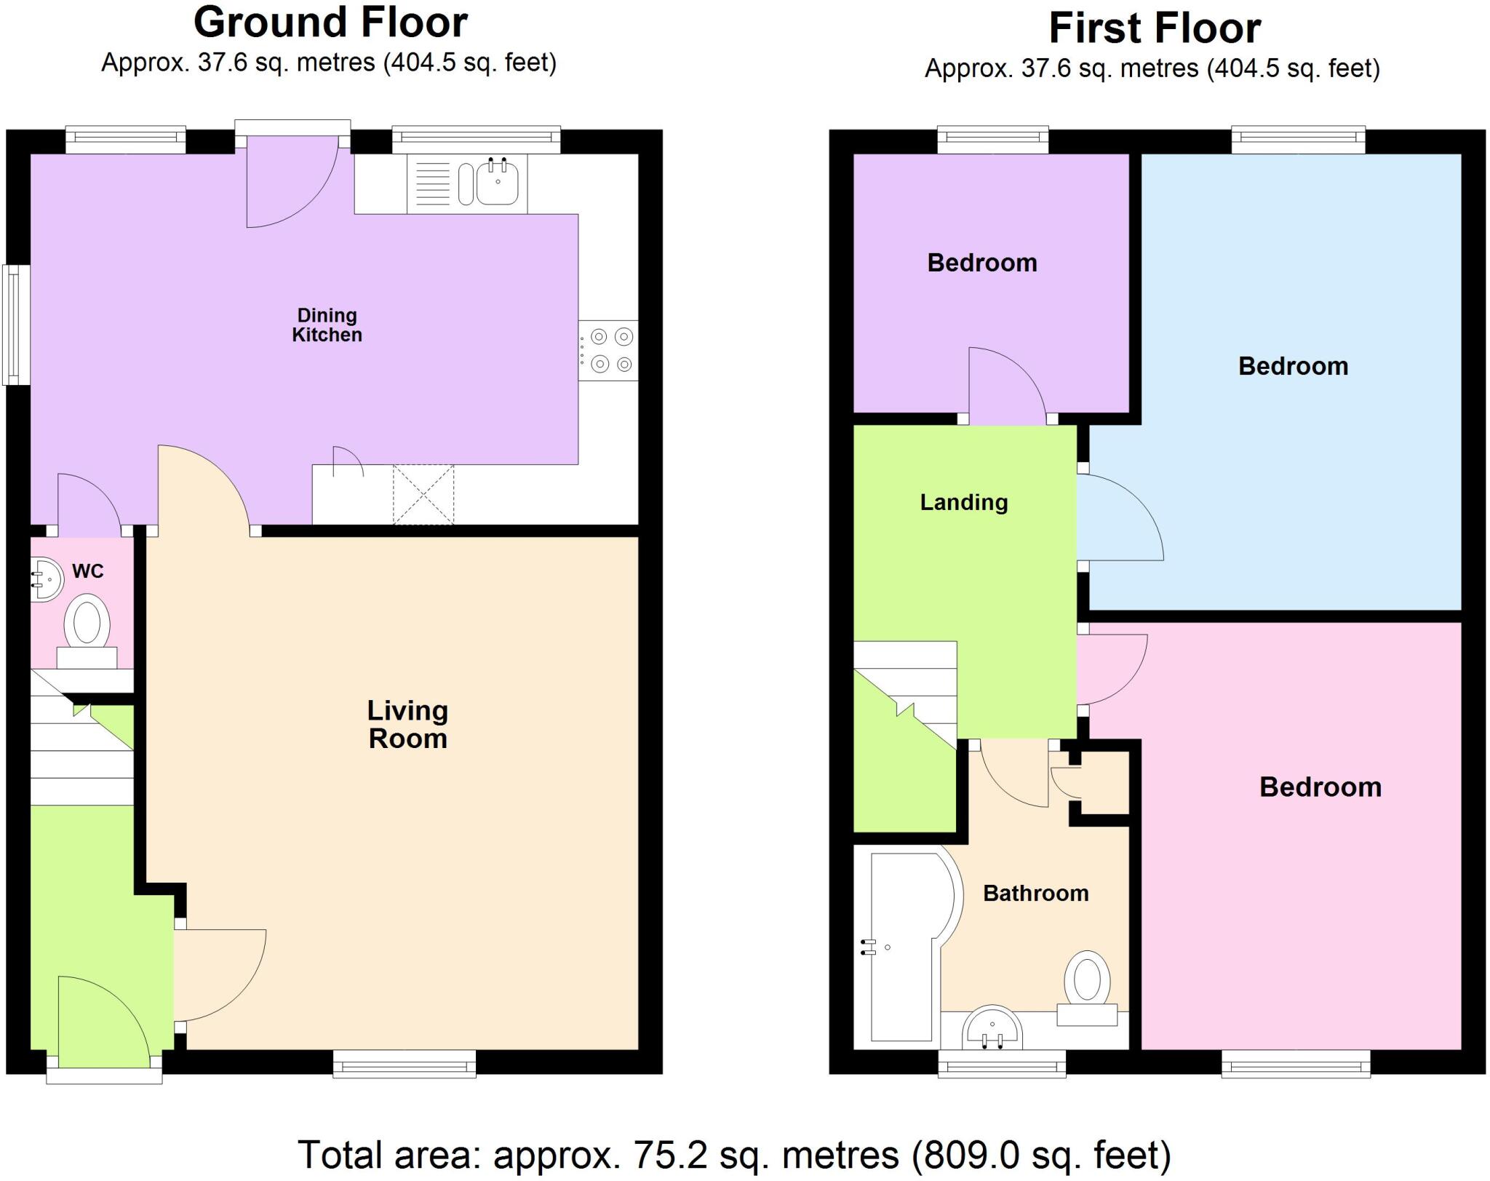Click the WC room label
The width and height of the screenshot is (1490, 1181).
pyautogui.click(x=88, y=571)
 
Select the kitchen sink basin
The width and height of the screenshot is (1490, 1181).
pyautogui.click(x=498, y=183)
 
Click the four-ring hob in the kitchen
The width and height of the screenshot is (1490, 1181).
pyautogui.click(x=610, y=350)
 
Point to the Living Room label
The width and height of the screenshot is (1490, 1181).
pyautogui.click(x=407, y=725)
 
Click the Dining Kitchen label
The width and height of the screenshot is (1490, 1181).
pyautogui.click(x=327, y=325)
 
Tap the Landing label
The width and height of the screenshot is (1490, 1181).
pyautogui.click(x=964, y=502)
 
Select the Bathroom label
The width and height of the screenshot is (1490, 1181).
pyautogui.click(x=1035, y=894)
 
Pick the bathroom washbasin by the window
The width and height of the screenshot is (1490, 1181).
pyautogui.click(x=992, y=1028)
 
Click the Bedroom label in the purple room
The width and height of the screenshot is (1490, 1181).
pyautogui.click(x=982, y=263)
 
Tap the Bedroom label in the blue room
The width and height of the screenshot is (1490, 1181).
pyautogui.click(x=1293, y=366)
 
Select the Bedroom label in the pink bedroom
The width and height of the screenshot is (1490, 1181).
pyautogui.click(x=1320, y=787)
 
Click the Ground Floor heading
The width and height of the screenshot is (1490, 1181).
pyautogui.click(x=330, y=23)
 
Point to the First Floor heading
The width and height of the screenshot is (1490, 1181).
pyautogui.click(x=1155, y=29)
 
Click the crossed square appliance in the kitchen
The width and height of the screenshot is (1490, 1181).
pyautogui.click(x=423, y=494)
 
